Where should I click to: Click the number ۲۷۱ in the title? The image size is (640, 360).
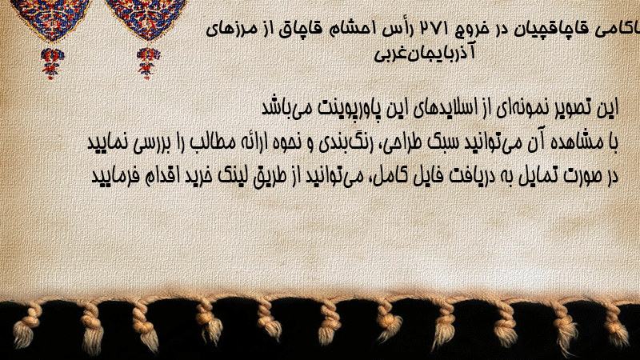coord(434,30)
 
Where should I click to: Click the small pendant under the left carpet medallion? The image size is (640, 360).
coord(52,63)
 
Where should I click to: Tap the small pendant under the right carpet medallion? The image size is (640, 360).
coord(148,63)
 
